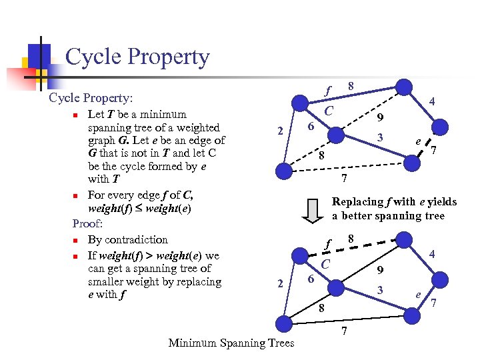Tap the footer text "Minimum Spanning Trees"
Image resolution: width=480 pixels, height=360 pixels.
[231, 343]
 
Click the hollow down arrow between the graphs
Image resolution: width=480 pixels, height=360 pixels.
[311, 209]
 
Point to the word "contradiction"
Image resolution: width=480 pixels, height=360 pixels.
[136, 239]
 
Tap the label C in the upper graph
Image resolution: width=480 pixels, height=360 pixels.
[329, 110]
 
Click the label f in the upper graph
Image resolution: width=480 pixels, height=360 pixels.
[328, 89]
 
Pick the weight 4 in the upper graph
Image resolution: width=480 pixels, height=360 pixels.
[432, 101]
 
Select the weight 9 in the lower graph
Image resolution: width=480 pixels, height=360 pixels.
[379, 270]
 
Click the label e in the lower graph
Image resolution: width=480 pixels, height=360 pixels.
[417, 294]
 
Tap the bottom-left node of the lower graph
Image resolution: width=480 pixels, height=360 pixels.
[285, 324]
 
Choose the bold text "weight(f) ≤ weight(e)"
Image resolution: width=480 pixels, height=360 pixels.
[140, 209]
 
